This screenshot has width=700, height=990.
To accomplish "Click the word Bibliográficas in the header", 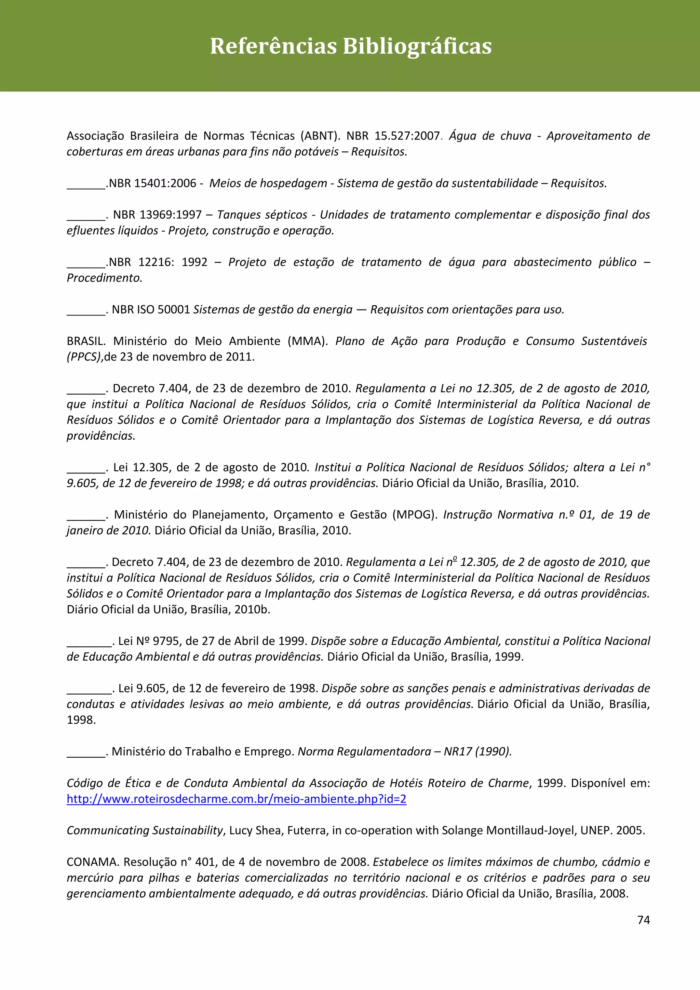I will pos(417,46).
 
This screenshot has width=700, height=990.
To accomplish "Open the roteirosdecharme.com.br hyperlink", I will pos(236,799).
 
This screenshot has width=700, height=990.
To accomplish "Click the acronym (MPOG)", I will pos(415,515).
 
